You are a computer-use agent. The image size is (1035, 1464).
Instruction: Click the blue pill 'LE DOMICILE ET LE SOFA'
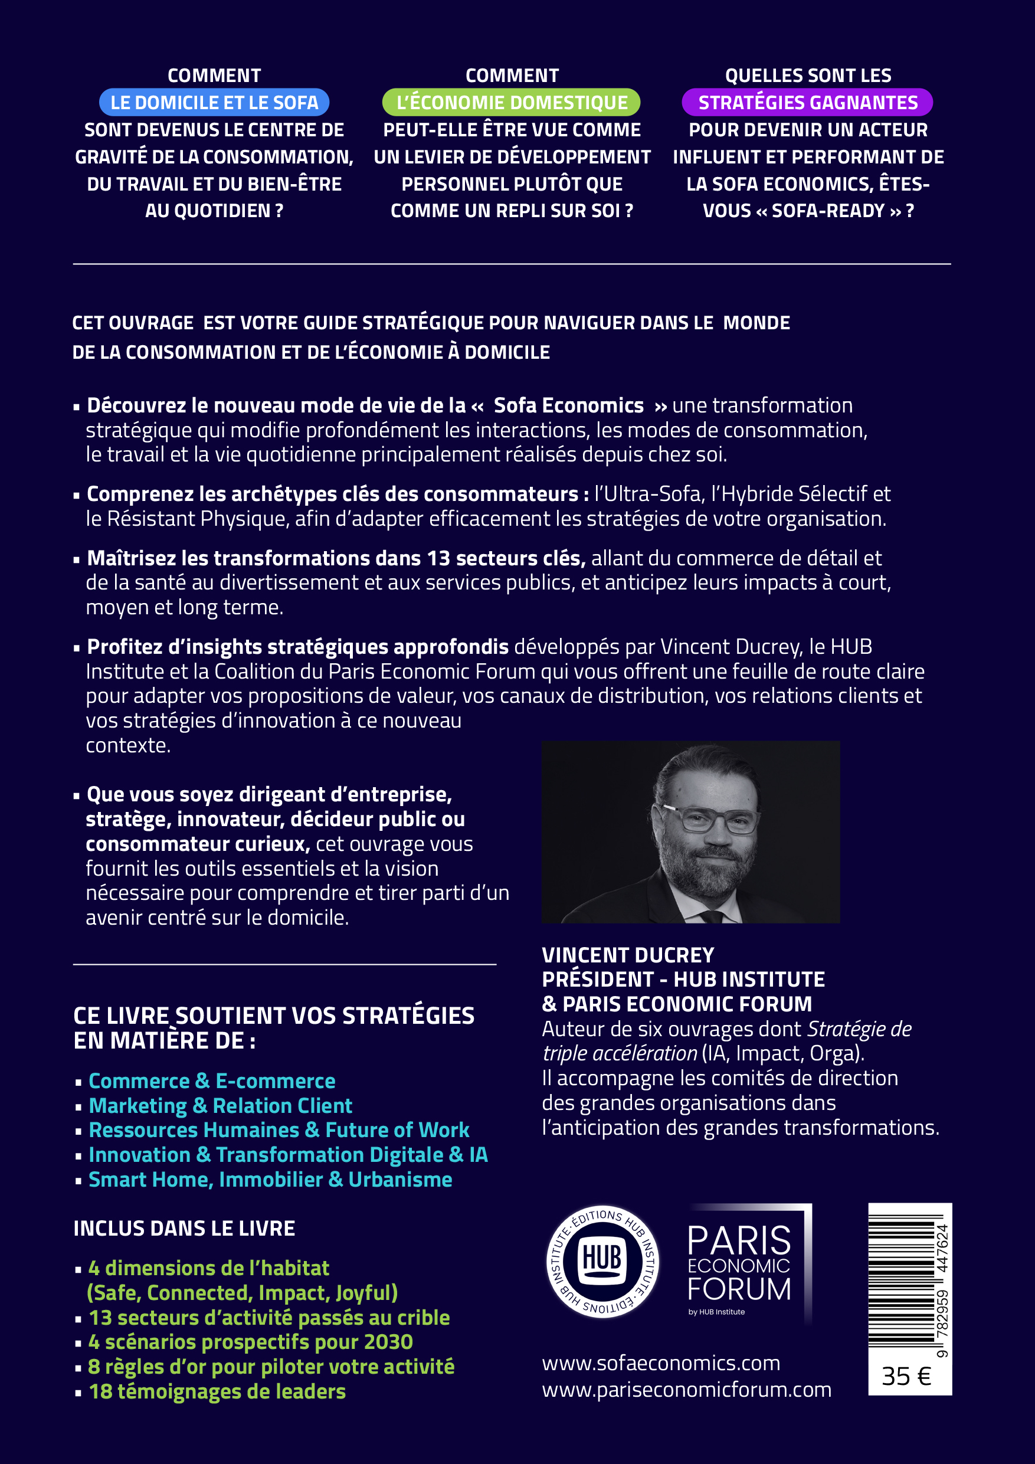pyautogui.click(x=214, y=103)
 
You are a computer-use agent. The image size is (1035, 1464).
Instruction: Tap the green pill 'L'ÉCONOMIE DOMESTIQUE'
pyautogui.click(x=512, y=103)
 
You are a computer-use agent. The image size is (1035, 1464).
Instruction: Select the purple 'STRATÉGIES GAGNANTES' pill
pyautogui.click(x=807, y=103)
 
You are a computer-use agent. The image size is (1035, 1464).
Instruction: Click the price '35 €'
pyautogui.click(x=906, y=1376)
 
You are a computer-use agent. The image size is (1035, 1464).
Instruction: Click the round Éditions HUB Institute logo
pyautogui.click(x=602, y=1262)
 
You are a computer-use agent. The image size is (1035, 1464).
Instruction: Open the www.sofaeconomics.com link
pyautogui.click(x=661, y=1363)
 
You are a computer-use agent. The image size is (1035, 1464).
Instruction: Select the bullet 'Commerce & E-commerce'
pyautogui.click(x=212, y=1081)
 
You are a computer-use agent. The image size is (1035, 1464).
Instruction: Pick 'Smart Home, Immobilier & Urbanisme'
pyautogui.click(x=270, y=1180)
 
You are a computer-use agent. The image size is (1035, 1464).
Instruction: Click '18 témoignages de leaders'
pyautogui.click(x=217, y=1391)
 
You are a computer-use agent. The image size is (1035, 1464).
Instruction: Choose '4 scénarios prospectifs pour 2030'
pyautogui.click(x=251, y=1342)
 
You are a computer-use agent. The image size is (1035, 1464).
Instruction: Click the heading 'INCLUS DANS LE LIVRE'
pyautogui.click(x=184, y=1229)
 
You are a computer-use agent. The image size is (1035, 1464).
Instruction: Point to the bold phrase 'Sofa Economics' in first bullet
pyautogui.click(x=569, y=405)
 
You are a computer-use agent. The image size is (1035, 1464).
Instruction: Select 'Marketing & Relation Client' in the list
pyautogui.click(x=220, y=1106)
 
